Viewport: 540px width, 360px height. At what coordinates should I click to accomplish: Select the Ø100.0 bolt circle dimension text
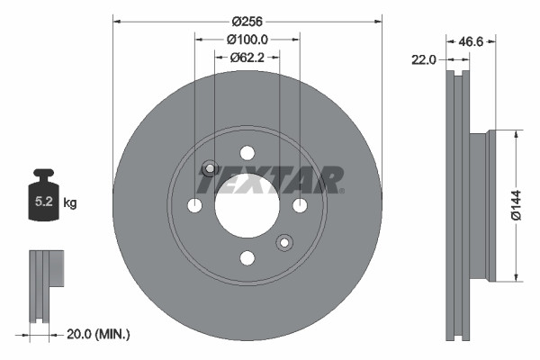point(247,40)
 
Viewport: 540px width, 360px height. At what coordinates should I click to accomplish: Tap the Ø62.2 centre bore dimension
point(247,58)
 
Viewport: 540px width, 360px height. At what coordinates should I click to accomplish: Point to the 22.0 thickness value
point(423,59)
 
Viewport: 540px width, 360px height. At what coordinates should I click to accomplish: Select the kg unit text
point(70,203)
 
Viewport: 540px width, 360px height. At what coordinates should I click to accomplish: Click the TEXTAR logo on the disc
point(270,181)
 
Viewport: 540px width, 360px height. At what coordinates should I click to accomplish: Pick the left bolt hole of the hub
point(194,206)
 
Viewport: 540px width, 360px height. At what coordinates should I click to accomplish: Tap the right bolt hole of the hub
point(300,206)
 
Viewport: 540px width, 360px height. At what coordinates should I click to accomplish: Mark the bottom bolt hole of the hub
point(247,259)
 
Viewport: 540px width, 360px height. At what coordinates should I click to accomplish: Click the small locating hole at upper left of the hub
point(210,168)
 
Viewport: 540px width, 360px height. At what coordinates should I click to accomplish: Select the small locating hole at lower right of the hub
point(284,243)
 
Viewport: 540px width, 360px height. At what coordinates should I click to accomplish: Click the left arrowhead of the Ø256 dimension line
point(116,21)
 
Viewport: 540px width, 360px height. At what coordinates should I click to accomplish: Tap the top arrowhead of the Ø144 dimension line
point(516,135)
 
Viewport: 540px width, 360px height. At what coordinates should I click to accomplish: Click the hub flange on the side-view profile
point(490,206)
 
